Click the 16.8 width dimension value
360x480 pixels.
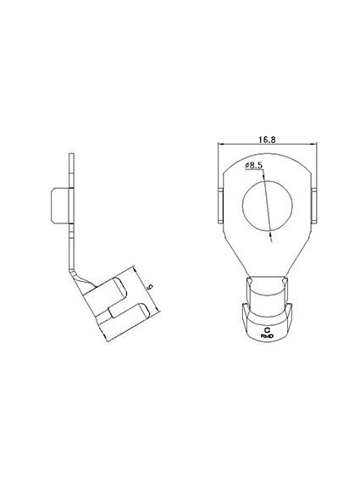[267, 140]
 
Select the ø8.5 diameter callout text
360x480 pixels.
[253, 166]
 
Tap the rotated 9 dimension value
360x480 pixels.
[150, 287]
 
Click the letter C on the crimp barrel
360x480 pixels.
[267, 330]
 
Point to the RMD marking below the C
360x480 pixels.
[267, 336]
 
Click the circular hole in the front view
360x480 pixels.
[267, 206]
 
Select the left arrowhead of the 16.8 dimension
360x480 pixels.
[220, 144]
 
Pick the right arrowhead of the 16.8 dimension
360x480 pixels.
[314, 144]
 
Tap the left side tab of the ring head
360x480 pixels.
[221, 206]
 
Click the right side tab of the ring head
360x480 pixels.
[314, 206]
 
